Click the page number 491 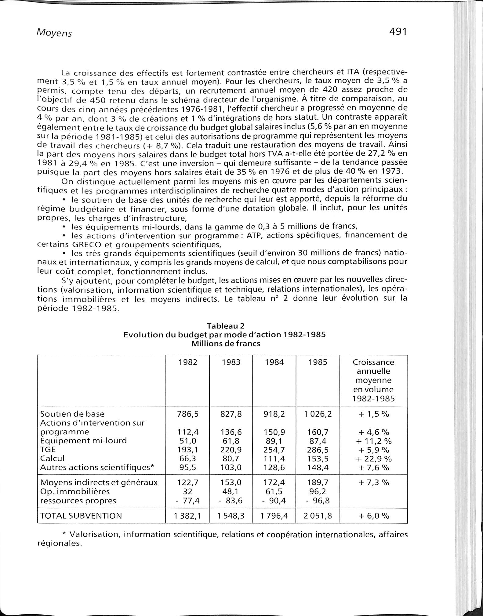398,31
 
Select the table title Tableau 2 226,326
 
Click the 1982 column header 188,362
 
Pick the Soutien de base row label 72,414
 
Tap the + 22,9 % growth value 373,458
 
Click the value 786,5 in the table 188,414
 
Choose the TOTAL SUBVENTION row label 81,516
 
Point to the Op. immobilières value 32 188,491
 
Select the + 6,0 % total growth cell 373,516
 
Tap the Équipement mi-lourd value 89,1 274,440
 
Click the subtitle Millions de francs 226,344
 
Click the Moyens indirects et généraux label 99,482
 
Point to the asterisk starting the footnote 64,534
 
